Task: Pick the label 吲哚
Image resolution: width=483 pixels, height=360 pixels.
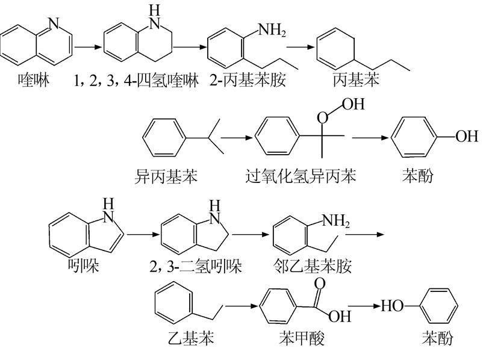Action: pyautogui.click(x=84, y=265)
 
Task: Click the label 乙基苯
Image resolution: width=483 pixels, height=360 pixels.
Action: pyautogui.click(x=190, y=339)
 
